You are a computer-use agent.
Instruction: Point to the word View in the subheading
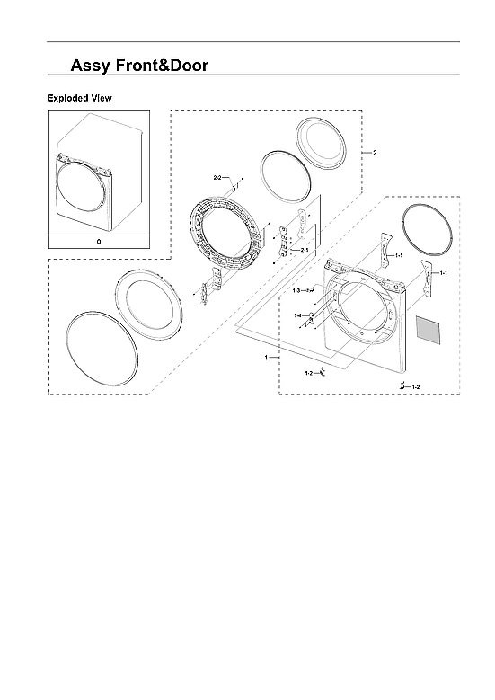pyautogui.click(x=101, y=98)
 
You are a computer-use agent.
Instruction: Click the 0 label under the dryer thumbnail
pyautogui.click(x=98, y=243)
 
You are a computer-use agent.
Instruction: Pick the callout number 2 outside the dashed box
pyautogui.click(x=375, y=153)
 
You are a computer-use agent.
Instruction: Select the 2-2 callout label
pyautogui.click(x=217, y=179)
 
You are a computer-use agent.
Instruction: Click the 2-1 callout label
pyautogui.click(x=305, y=249)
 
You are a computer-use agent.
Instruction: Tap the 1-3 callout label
pyautogui.click(x=297, y=292)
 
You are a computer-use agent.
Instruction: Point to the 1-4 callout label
pyautogui.click(x=297, y=315)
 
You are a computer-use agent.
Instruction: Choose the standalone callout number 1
pyautogui.click(x=266, y=358)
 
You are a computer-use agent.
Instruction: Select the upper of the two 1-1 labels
pyautogui.click(x=399, y=256)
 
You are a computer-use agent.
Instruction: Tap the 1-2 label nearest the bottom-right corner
pyautogui.click(x=415, y=385)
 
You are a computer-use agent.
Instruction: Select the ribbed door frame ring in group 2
pyautogui.click(x=226, y=237)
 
